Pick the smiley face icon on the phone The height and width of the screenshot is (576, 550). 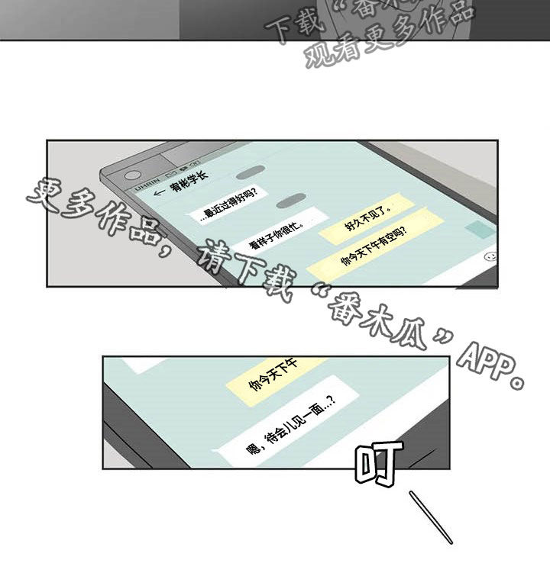[490, 257]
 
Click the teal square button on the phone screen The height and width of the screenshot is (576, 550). [480, 229]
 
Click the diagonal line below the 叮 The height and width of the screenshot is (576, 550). [431, 516]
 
